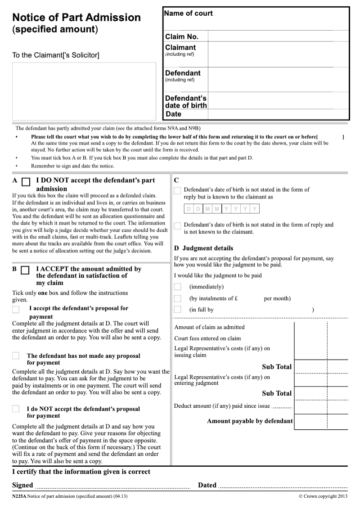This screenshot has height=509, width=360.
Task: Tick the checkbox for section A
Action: point(26,182)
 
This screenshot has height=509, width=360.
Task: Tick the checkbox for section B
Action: point(25,270)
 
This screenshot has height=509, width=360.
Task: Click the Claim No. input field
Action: point(278,36)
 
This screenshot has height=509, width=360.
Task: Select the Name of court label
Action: point(188,14)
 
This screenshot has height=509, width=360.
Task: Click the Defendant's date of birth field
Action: point(278,101)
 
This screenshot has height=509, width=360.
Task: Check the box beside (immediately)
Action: point(178,287)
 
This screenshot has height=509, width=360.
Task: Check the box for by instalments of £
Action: point(178,298)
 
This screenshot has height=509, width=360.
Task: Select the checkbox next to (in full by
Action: point(178,310)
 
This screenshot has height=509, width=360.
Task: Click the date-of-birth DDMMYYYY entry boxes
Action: point(221,209)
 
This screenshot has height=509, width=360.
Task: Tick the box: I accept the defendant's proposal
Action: point(16,309)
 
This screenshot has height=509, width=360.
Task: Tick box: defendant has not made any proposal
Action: point(16,356)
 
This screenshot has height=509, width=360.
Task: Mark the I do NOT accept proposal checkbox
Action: point(16,409)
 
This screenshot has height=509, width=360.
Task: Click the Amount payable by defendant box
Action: point(321,422)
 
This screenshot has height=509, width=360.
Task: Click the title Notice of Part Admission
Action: point(76,18)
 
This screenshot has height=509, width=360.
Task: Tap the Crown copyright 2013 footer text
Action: point(323,496)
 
